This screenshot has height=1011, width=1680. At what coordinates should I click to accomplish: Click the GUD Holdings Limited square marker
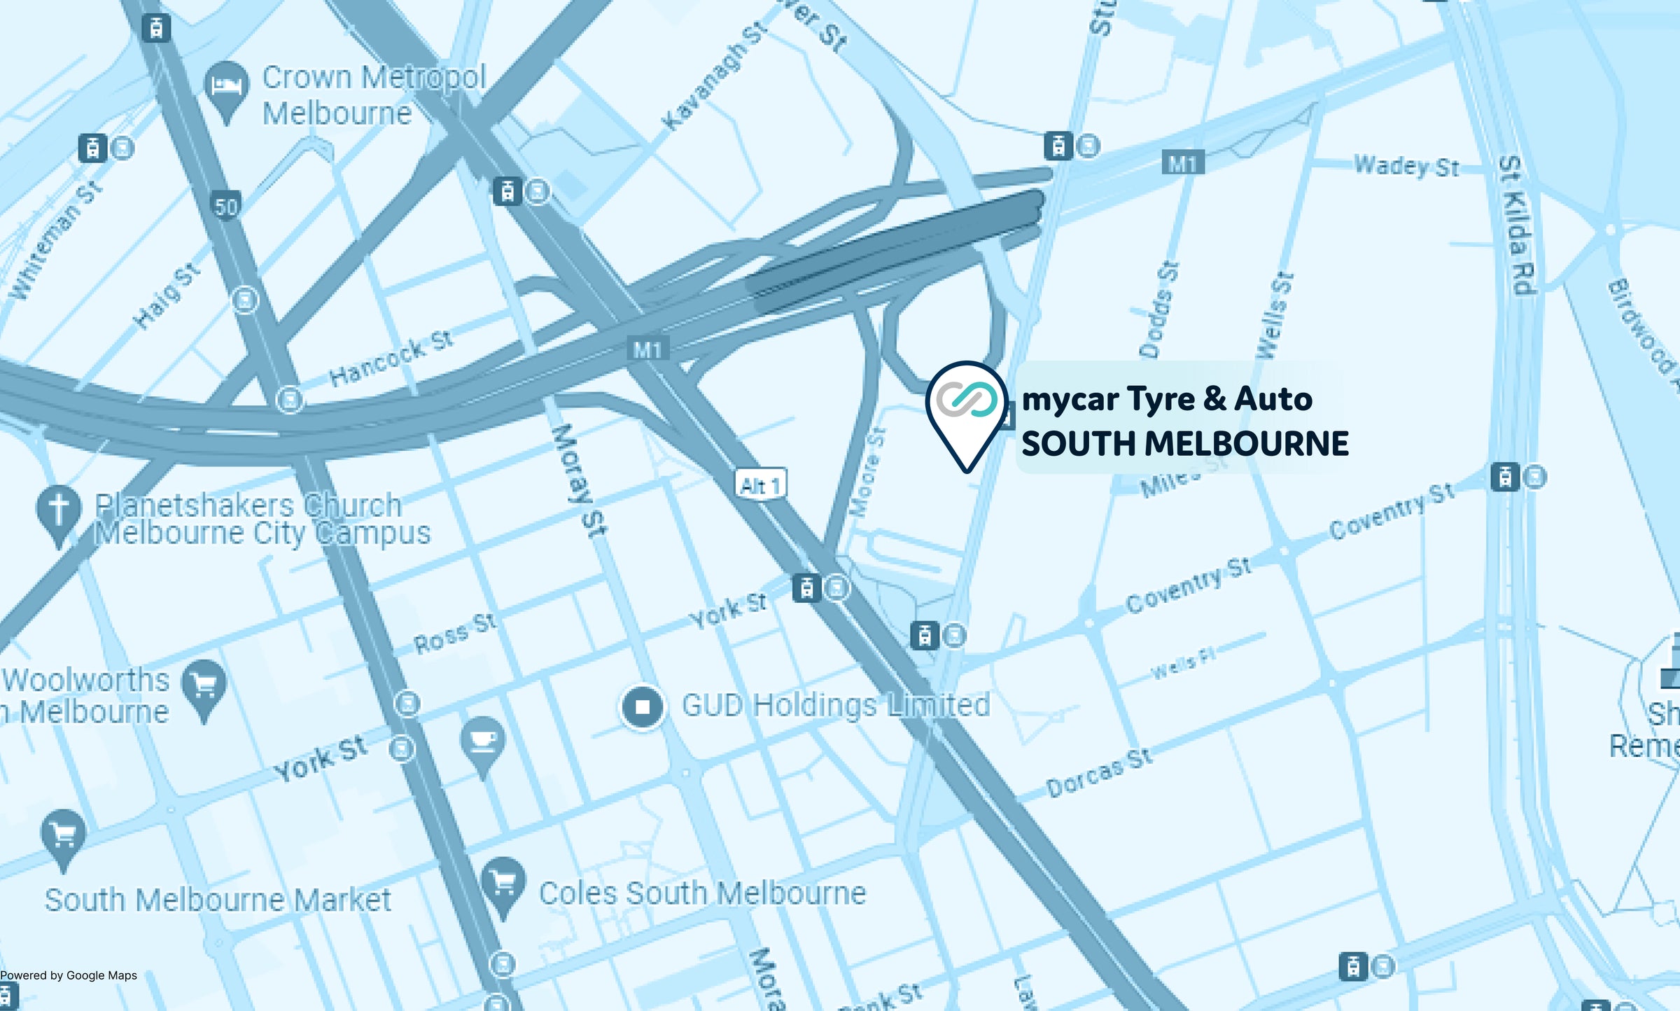(x=643, y=706)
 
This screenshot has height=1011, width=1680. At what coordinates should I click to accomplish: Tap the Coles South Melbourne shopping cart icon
(x=503, y=884)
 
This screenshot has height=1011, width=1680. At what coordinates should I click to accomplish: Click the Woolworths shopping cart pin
(x=204, y=686)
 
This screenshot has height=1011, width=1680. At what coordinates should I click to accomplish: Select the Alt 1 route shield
(x=760, y=484)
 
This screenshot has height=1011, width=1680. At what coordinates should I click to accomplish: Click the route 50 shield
(x=225, y=207)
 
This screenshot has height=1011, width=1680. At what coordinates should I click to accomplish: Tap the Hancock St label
(x=391, y=358)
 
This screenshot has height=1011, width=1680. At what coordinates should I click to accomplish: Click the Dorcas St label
(x=1098, y=772)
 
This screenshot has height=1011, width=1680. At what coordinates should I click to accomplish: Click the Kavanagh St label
(x=714, y=76)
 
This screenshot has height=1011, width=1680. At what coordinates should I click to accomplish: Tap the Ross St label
(x=455, y=633)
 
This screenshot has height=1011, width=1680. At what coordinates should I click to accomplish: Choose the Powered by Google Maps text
(x=69, y=975)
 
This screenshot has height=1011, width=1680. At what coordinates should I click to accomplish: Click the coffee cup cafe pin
(x=482, y=742)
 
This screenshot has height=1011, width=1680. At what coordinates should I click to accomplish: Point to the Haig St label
(x=167, y=296)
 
